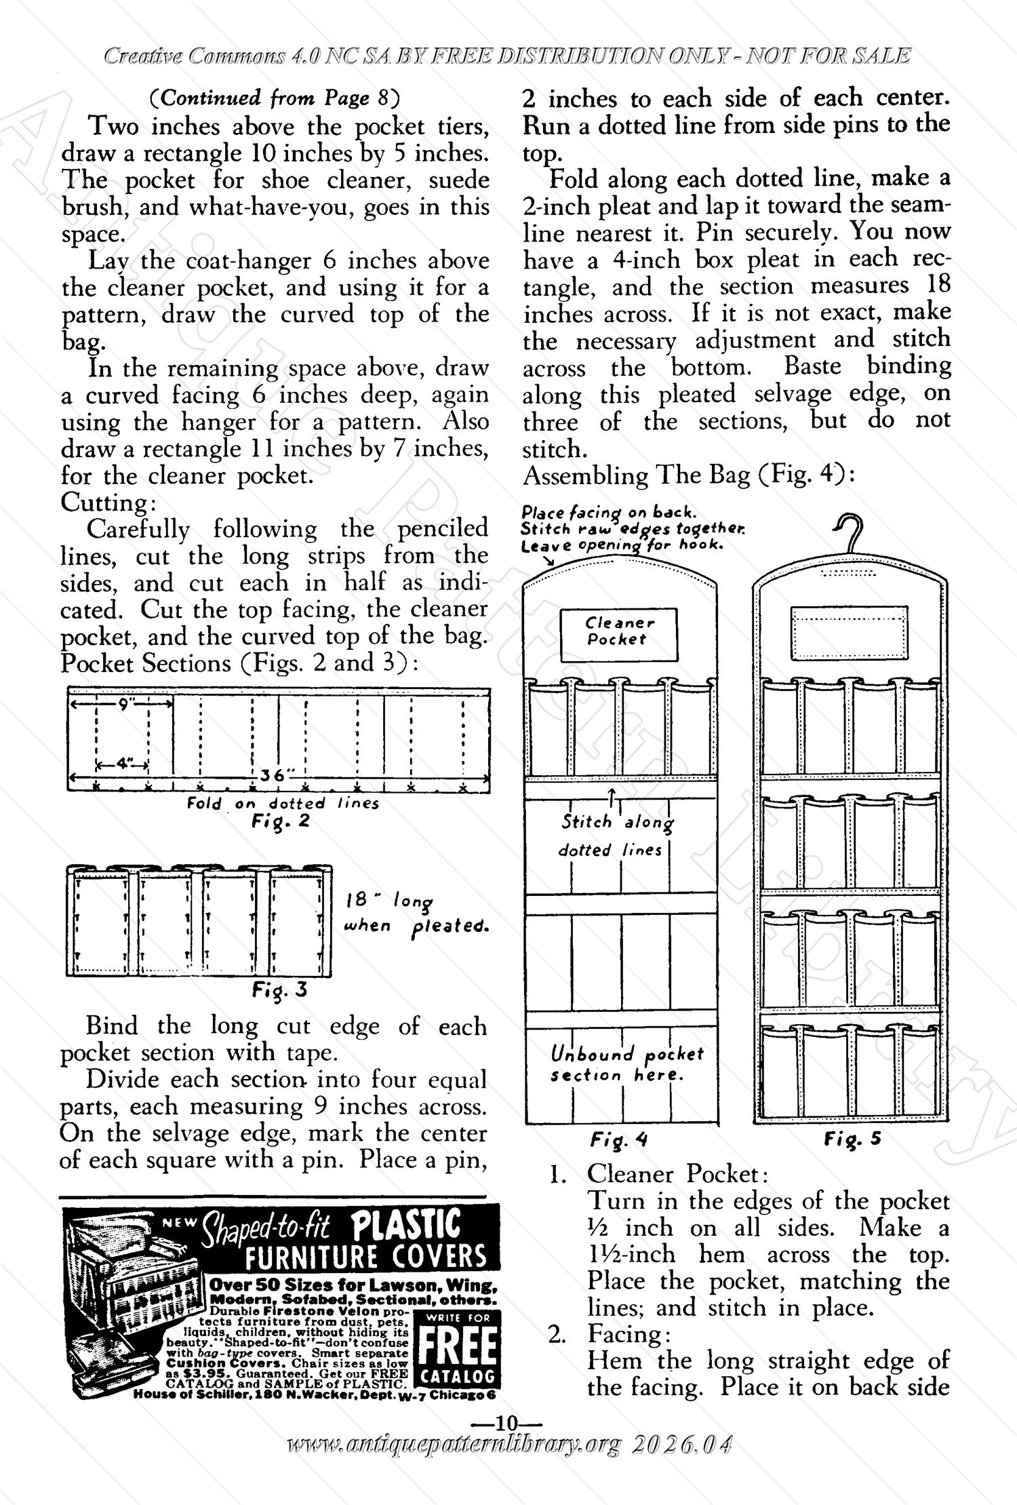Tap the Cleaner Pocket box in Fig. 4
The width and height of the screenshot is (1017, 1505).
coord(618,635)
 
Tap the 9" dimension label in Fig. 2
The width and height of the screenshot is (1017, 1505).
coord(125,705)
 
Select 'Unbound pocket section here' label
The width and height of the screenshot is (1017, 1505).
coord(626,1064)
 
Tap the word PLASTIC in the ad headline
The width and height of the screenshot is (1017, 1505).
coord(406,1226)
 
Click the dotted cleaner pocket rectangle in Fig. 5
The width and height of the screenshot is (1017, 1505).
coord(850,631)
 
